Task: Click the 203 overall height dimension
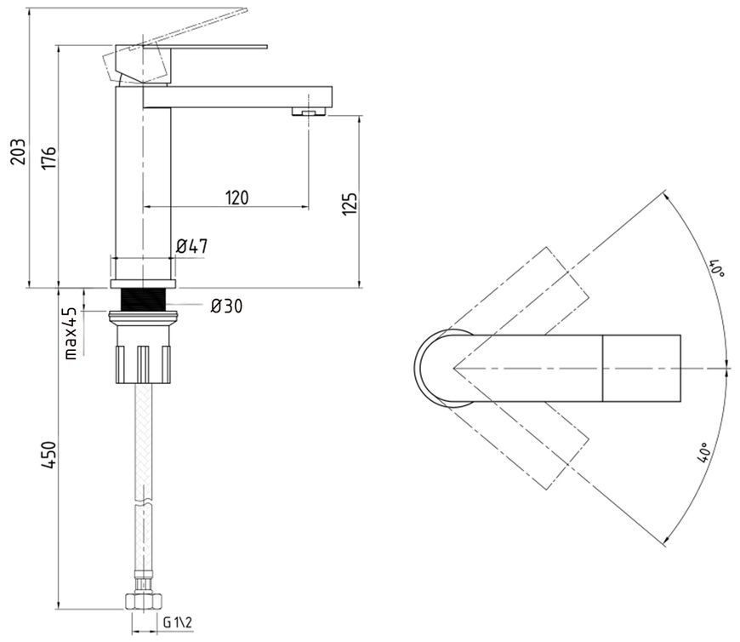(x=18, y=152)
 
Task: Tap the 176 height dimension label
(x=48, y=158)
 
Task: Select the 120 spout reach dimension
(x=237, y=198)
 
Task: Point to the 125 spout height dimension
(x=350, y=203)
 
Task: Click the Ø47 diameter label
(x=191, y=246)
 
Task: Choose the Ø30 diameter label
(x=226, y=307)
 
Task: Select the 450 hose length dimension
(x=48, y=456)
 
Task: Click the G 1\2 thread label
(x=178, y=622)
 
